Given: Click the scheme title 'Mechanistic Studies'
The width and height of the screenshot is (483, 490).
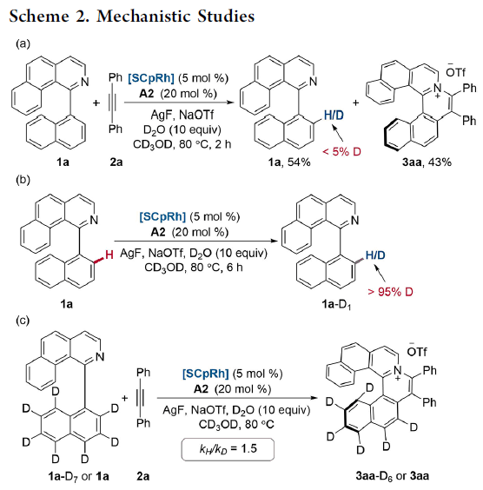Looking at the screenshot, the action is coord(175,16).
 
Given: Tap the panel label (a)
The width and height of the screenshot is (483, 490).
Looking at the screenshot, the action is coord(23,43).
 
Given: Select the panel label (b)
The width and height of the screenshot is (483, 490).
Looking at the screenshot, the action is coord(23,180).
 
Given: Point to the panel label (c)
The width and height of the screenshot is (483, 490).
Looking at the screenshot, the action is coord(23,321).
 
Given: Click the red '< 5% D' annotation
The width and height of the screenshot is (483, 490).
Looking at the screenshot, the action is coord(341,151).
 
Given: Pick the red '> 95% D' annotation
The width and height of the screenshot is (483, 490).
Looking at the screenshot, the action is coord(391,292).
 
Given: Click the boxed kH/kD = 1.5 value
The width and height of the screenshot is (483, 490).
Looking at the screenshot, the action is coord(228,449).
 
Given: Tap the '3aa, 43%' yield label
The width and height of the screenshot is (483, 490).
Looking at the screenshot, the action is coord(427,162).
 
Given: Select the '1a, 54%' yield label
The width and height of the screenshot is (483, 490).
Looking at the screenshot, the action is coord(289,162).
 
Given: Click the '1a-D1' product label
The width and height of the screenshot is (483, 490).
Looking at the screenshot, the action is coord(336,304).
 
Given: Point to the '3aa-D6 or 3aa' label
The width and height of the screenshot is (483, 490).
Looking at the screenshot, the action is coord(393,476).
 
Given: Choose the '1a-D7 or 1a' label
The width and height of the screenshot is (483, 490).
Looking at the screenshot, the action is coord(78,476).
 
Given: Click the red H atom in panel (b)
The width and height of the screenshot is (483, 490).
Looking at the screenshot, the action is coord(109,255).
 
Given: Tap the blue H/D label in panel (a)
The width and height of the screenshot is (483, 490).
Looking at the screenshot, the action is coord(334,116).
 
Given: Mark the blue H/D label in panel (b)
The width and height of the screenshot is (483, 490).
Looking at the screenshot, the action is coord(375,255).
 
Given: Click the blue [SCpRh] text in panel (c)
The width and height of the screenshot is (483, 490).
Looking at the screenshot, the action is coord(206,374).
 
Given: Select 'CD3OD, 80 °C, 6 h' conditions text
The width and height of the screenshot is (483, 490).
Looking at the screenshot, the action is coord(194,268).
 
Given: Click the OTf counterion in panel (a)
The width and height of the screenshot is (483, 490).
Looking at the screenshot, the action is coord(455,71).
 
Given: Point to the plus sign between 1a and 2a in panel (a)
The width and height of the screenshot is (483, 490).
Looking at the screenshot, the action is coord(96,103).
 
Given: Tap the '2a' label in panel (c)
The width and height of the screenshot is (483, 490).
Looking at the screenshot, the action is coord(142,476).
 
